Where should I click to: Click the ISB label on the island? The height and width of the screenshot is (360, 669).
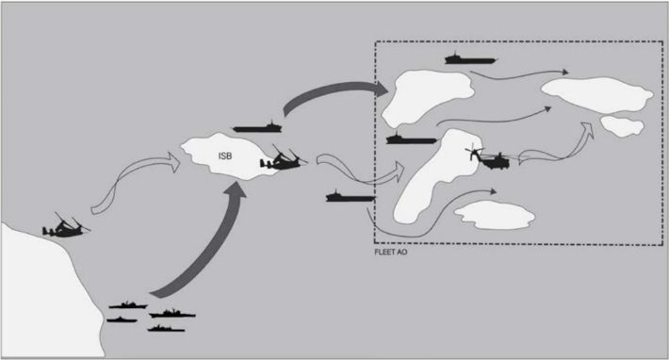coord(225,156)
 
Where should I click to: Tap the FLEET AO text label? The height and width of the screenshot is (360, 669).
coord(390,252)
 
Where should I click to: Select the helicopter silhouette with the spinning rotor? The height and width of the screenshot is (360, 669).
coord(489,157)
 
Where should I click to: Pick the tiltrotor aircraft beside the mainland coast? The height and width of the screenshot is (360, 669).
coord(66,226)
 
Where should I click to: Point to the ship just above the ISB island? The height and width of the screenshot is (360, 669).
coord(257,126)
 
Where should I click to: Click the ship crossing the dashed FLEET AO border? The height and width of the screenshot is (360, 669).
coord(351,196)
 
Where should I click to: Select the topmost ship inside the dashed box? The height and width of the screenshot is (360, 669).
coord(470,58)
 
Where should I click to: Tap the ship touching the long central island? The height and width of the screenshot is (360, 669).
coord(412,139)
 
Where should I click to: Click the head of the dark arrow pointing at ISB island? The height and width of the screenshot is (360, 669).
coord(235,188)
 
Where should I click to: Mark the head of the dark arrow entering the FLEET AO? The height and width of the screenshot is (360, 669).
coord(380,89)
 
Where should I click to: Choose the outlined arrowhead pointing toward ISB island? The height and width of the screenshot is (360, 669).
coord(173,162)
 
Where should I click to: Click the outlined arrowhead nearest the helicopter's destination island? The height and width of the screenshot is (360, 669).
coord(588,129)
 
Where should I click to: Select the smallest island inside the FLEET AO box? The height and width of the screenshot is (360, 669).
coord(622,126)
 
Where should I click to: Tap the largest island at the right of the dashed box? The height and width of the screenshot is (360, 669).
coord(597,94)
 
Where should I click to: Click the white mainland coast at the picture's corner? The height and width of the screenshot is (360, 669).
coord(42,294)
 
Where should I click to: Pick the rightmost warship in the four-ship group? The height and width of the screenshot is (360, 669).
coord(172,315)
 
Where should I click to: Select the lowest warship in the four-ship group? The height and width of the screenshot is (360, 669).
coord(166,329)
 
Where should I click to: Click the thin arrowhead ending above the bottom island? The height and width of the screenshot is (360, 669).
coord(494,191)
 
